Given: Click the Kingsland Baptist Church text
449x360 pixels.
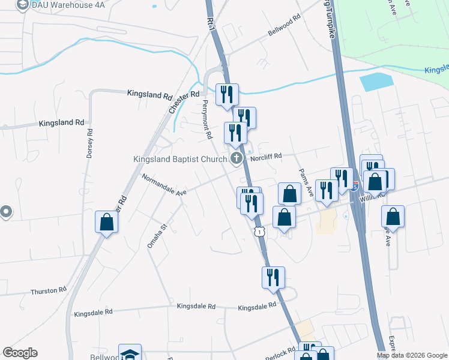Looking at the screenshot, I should [x=179, y=159].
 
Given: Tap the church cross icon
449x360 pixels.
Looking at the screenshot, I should [x=237, y=158].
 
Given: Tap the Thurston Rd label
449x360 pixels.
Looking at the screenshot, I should [x=49, y=291].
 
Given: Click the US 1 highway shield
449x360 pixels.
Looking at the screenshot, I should [x=259, y=231].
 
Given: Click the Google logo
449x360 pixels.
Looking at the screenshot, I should [x=20, y=352].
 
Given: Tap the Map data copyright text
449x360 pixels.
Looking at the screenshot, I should [x=411, y=355].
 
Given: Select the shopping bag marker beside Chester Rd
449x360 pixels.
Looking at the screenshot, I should [x=106, y=222].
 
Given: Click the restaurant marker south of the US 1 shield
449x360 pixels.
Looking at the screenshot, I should [x=273, y=277].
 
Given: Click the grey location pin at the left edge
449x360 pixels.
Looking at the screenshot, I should [x=6, y=211].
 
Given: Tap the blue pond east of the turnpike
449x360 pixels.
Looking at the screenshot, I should [x=376, y=82].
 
